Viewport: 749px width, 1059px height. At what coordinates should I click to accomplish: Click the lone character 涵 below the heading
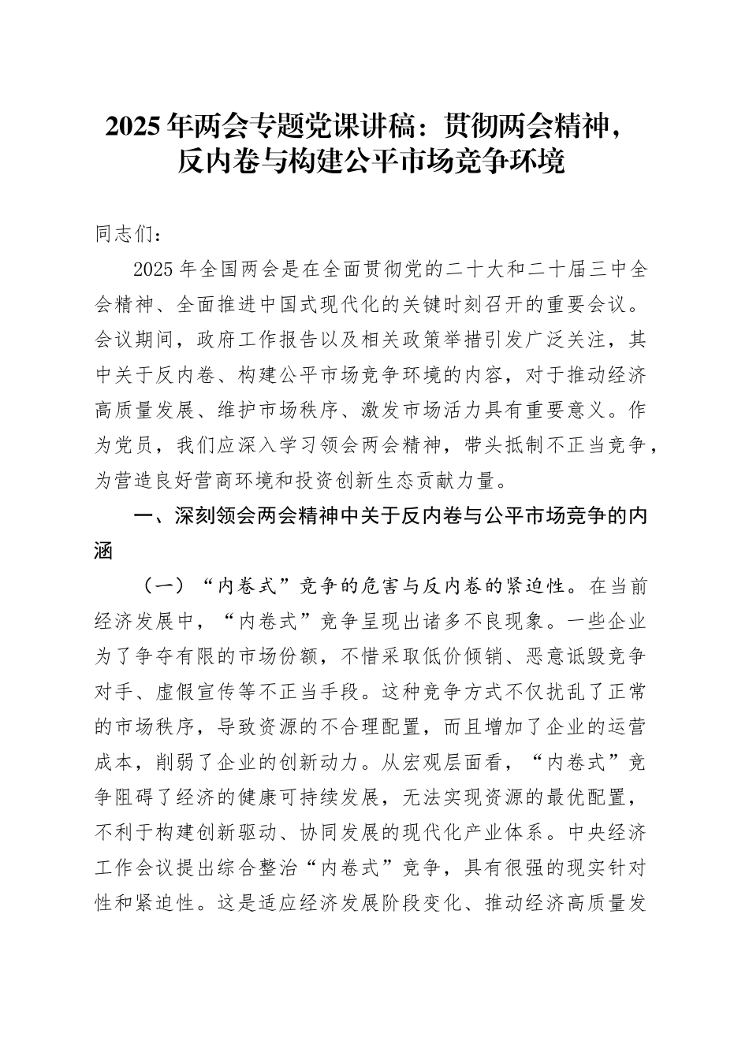point(105,551)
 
